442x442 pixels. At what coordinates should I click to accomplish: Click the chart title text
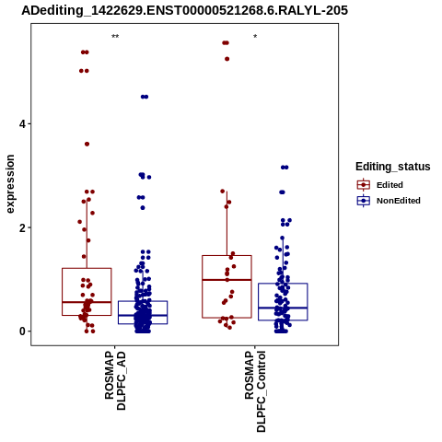[x=184, y=10]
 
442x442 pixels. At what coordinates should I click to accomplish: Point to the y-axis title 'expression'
[x=10, y=184]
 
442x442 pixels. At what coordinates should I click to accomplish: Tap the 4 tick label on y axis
[x=22, y=124]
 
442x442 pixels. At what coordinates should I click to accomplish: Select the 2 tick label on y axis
[x=22, y=227]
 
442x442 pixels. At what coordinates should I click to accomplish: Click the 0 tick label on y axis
[x=22, y=331]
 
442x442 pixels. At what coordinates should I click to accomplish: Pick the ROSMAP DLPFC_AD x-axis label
[x=115, y=380]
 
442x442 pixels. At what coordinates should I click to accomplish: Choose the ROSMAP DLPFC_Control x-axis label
[x=255, y=391]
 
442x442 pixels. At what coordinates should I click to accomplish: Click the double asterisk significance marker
[x=115, y=37]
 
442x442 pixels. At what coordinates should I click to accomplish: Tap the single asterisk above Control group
[x=255, y=37]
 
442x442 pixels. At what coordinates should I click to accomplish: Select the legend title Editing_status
[x=392, y=167]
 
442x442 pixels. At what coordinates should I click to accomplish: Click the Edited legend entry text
[x=390, y=185]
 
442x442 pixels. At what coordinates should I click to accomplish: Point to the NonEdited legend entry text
[x=399, y=201]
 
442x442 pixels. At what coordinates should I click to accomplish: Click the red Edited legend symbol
[x=364, y=185]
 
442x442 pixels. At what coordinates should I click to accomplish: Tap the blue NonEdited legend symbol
[x=364, y=201]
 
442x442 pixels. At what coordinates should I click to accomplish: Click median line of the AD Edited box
[x=87, y=302]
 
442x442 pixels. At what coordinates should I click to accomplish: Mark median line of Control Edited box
[x=227, y=280]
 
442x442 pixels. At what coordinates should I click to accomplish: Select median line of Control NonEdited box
[x=283, y=308]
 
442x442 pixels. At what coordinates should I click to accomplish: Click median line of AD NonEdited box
[x=143, y=315]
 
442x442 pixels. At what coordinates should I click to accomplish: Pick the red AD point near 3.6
[x=87, y=144]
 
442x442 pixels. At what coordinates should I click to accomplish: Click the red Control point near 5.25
[x=227, y=59]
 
